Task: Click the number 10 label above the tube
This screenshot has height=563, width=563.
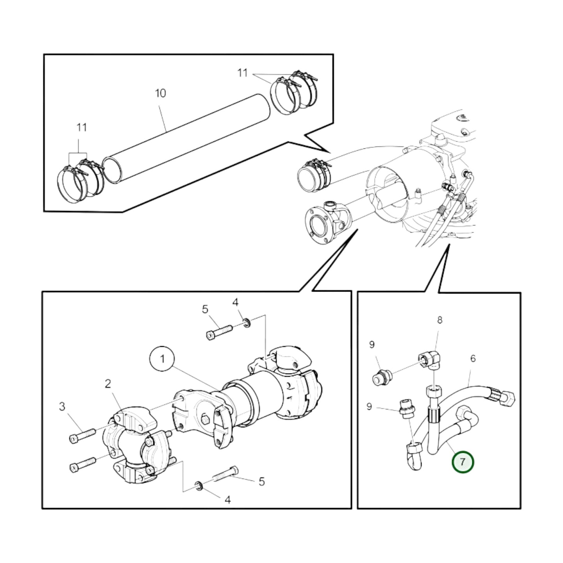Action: pyautogui.click(x=161, y=94)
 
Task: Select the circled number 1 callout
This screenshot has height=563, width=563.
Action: pyautogui.click(x=162, y=359)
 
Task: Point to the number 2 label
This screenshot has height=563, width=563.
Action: pyautogui.click(x=108, y=384)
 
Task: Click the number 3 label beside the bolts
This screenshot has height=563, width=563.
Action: pyautogui.click(x=62, y=406)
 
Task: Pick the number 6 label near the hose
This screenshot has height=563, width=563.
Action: pyautogui.click(x=473, y=358)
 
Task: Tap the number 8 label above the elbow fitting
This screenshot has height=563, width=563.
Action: pyautogui.click(x=439, y=320)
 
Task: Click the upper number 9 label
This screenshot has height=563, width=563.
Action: pyautogui.click(x=372, y=344)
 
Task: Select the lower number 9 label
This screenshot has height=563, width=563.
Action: pyautogui.click(x=369, y=406)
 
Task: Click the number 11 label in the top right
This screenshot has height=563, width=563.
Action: pyautogui.click(x=242, y=73)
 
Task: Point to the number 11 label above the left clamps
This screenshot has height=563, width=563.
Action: pyautogui.click(x=81, y=128)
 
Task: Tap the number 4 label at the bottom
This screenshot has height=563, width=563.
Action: pyautogui.click(x=228, y=500)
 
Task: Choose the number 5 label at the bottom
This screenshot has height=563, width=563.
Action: pyautogui.click(x=261, y=482)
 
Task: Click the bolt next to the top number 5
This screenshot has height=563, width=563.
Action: pyautogui.click(x=219, y=332)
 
